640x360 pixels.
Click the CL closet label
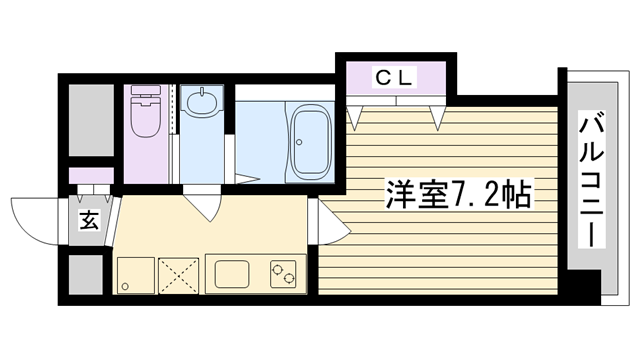[393, 78]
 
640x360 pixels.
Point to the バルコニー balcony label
[592, 182]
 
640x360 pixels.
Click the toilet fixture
[145, 111]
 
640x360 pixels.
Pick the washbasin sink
[202, 102]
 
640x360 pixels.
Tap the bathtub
[309, 142]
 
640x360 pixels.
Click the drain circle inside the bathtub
[299, 142]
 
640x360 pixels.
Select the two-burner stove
[283, 274]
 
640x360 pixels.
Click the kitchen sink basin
[232, 274]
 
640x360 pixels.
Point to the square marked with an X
[178, 276]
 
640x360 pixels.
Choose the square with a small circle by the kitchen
[136, 276]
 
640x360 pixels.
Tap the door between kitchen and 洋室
[329, 221]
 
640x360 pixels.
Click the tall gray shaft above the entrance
[91, 120]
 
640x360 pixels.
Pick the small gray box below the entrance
[86, 275]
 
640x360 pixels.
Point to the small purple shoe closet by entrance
[91, 176]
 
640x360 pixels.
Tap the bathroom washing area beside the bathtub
[260, 141]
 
